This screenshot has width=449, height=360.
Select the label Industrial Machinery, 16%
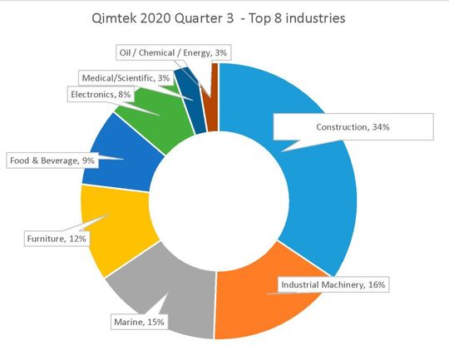pos(333,284)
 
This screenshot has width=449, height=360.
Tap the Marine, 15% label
pos(138,321)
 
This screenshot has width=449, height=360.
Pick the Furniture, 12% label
pos(57,238)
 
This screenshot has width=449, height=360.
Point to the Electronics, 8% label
pos(100,95)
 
